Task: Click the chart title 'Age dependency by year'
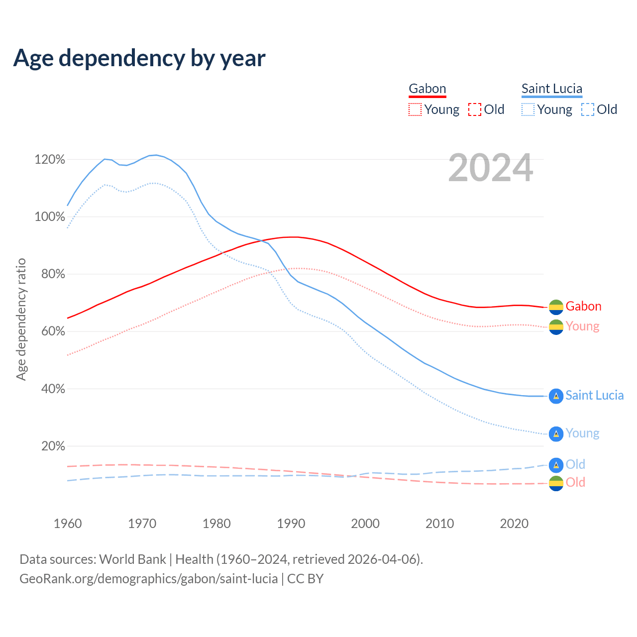click(139, 58)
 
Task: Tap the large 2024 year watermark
click(491, 168)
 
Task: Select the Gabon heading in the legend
click(427, 89)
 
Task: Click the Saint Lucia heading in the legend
click(552, 89)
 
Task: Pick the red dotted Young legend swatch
click(415, 109)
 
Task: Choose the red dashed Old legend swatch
click(475, 109)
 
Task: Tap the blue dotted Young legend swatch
click(528, 109)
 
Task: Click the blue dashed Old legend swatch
click(588, 109)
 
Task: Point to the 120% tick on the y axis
click(50, 160)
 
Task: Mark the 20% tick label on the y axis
click(53, 446)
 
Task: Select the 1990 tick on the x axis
click(291, 524)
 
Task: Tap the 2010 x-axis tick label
click(440, 524)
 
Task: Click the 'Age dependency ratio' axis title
click(21, 319)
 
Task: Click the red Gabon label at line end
click(583, 306)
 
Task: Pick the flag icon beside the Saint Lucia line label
click(556, 396)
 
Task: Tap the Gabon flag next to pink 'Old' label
click(556, 483)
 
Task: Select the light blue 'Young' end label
click(582, 433)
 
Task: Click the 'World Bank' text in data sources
click(132, 559)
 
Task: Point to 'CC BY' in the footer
click(306, 579)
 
